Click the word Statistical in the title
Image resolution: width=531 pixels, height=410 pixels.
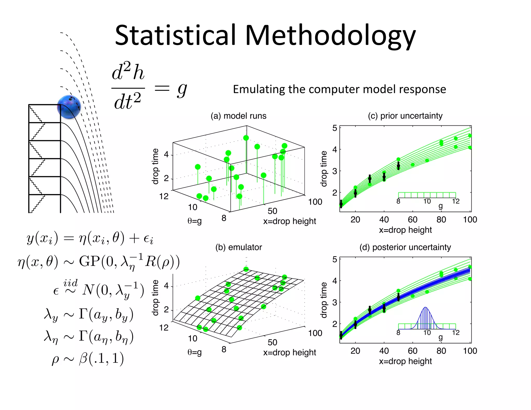[x=175, y=35]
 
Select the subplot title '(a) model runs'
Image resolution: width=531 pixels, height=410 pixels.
[x=238, y=116]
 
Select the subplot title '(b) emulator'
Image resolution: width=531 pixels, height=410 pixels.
[x=239, y=247]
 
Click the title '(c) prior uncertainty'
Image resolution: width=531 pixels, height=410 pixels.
[x=405, y=116]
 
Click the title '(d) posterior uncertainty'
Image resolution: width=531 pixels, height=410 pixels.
[x=405, y=247]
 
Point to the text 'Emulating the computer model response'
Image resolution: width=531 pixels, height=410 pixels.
[x=339, y=89]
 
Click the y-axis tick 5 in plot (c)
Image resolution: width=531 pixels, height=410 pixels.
[x=335, y=128]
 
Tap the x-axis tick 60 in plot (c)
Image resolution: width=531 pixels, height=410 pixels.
[x=413, y=220]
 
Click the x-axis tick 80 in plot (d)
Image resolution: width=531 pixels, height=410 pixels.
[x=441, y=351]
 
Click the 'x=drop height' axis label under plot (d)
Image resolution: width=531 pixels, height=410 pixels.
[x=405, y=361]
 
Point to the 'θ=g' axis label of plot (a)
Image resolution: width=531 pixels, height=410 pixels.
[x=194, y=221]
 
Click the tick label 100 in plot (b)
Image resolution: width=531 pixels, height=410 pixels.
[x=315, y=333]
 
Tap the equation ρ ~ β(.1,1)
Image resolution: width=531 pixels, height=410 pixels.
[x=88, y=358]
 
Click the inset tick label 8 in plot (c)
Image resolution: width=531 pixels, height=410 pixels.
[x=398, y=201]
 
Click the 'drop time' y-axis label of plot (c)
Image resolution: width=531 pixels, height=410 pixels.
[x=324, y=169]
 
